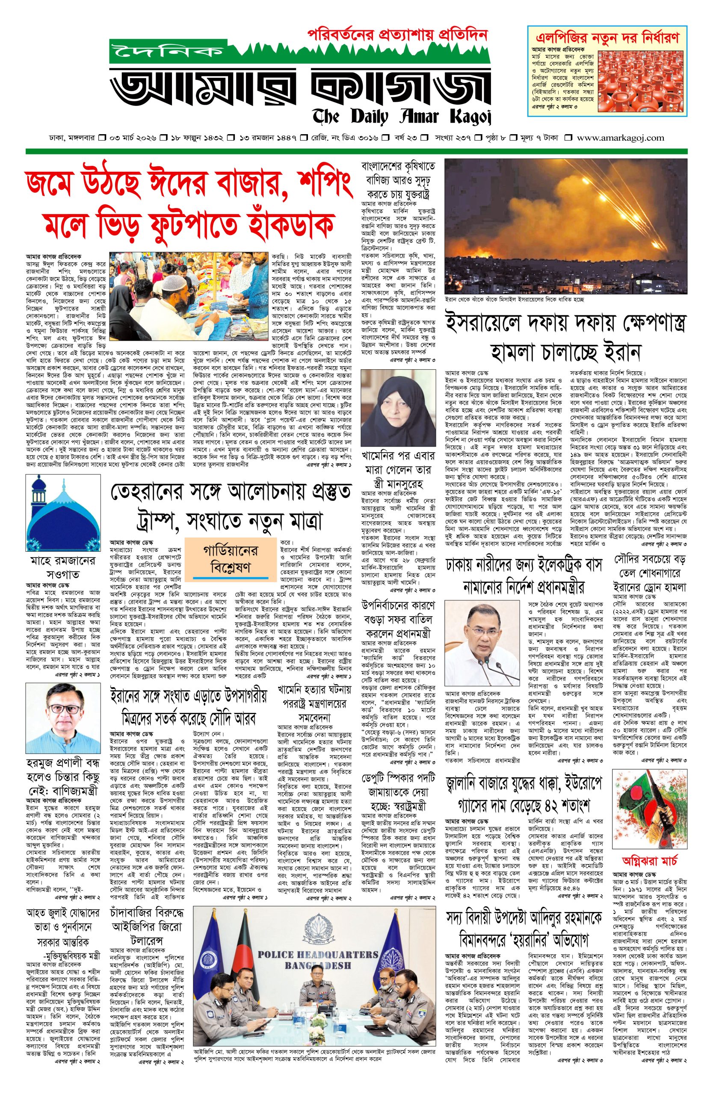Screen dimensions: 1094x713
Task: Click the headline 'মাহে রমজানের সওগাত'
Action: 63,568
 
